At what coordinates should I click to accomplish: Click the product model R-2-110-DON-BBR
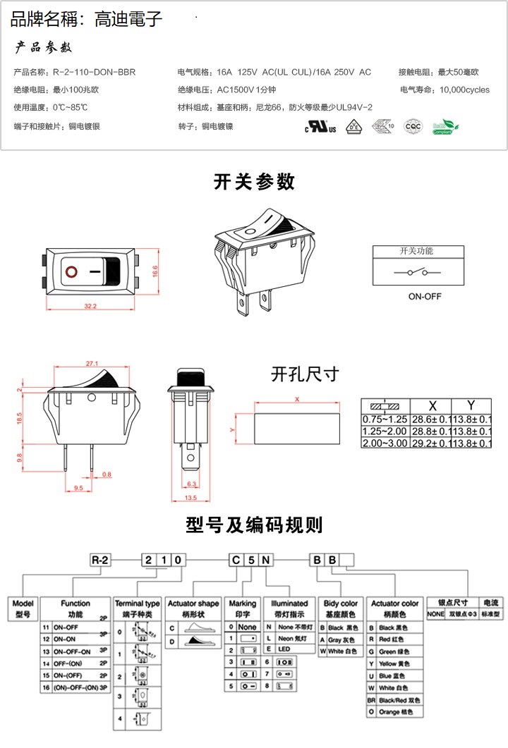click(94, 72)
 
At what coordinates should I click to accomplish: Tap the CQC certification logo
click(412, 127)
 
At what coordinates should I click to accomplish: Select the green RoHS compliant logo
click(446, 127)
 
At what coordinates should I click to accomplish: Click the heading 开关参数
click(254, 182)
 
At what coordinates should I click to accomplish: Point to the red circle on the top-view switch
click(71, 271)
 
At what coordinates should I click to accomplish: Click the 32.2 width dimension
click(90, 306)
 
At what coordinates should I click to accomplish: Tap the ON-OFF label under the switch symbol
click(425, 296)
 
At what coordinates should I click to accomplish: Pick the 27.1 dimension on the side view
click(92, 364)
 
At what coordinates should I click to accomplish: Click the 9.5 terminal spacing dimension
click(78, 487)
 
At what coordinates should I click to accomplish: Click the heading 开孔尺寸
click(305, 374)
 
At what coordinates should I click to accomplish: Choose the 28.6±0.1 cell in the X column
click(432, 419)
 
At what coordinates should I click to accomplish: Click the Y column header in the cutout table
click(471, 405)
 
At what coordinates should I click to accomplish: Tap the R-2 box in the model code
click(100, 560)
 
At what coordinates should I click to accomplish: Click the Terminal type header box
click(138, 607)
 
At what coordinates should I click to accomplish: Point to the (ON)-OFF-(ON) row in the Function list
click(74, 686)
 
